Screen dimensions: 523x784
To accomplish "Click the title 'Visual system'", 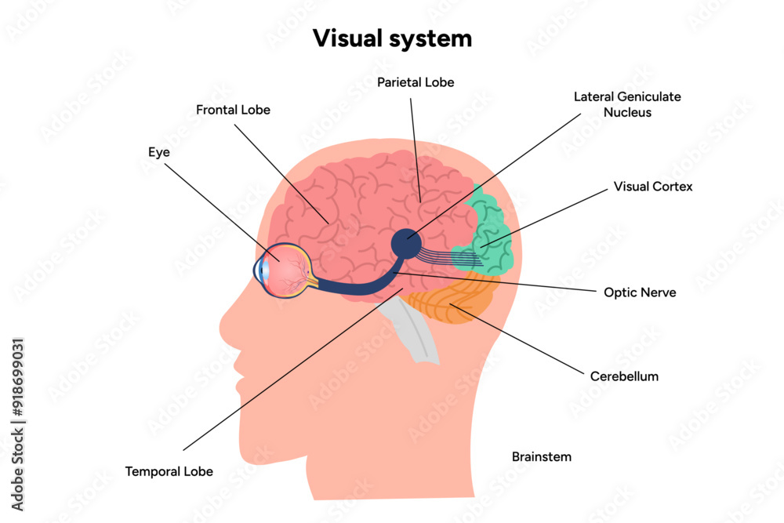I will [392, 38].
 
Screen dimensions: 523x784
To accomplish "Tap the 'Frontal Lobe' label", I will [233, 110].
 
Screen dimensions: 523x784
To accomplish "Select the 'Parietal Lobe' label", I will [415, 82].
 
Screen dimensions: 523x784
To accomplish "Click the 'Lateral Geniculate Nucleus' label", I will [626, 104].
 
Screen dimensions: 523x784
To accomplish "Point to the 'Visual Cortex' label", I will [653, 187].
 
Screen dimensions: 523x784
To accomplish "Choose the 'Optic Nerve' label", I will [640, 292].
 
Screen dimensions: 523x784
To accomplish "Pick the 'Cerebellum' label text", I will [624, 376].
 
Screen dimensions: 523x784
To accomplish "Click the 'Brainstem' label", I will [541, 456].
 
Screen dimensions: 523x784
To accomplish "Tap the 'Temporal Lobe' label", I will [169, 471].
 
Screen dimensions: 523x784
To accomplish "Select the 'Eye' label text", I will [159, 152].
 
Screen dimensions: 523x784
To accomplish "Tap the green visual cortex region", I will [490, 227].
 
